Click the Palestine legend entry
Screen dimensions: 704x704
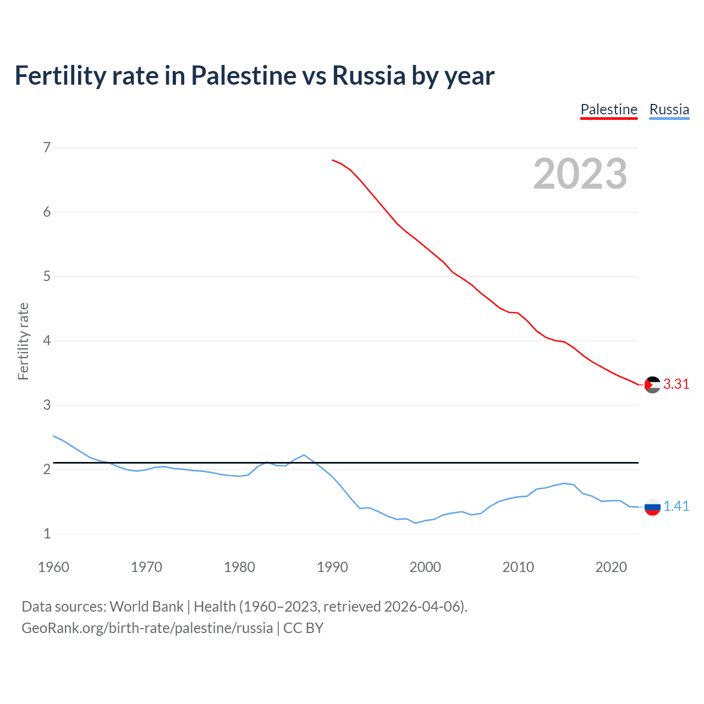tap(609, 109)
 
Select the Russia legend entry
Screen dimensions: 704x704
tap(669, 109)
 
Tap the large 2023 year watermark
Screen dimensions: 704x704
tap(580, 174)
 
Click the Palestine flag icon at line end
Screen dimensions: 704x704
tap(652, 384)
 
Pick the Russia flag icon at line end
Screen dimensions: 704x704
tap(652, 507)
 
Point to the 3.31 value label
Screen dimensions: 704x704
tap(676, 384)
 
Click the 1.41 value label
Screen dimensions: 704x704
tap(676, 507)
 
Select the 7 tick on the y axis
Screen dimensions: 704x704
tap(47, 147)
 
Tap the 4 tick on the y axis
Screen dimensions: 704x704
tap(47, 341)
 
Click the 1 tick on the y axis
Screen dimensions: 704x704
tap(47, 533)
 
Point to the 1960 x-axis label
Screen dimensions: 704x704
tap(53, 567)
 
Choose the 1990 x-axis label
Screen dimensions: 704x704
tap(332, 567)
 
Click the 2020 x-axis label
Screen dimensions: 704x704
tap(611, 567)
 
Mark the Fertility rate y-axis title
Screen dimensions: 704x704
tap(23, 341)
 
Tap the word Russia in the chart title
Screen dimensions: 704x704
tap(369, 75)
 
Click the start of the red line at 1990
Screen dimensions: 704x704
tap(333, 160)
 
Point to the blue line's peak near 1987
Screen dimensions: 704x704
tap(304, 455)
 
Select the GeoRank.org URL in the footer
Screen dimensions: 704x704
tap(147, 628)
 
